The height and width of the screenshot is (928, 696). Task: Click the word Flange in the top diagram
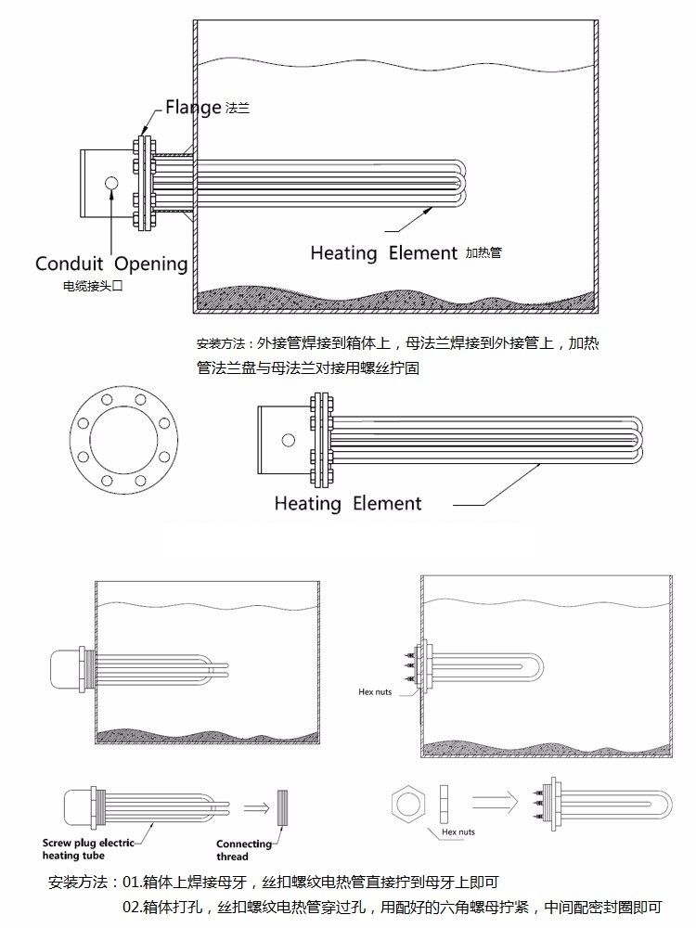click(x=193, y=107)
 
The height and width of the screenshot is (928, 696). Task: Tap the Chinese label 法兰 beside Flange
click(x=238, y=109)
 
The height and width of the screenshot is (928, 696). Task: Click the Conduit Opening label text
click(x=111, y=264)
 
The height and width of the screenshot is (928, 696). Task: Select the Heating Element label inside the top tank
click(x=383, y=252)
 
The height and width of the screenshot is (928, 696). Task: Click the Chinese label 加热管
click(x=483, y=252)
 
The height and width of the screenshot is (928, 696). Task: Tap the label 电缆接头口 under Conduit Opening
click(x=93, y=287)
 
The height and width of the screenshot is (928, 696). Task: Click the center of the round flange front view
click(x=123, y=427)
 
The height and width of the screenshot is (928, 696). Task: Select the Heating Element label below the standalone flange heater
click(x=347, y=504)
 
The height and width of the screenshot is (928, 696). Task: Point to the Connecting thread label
click(x=244, y=849)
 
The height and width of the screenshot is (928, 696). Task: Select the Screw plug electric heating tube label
click(x=89, y=848)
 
